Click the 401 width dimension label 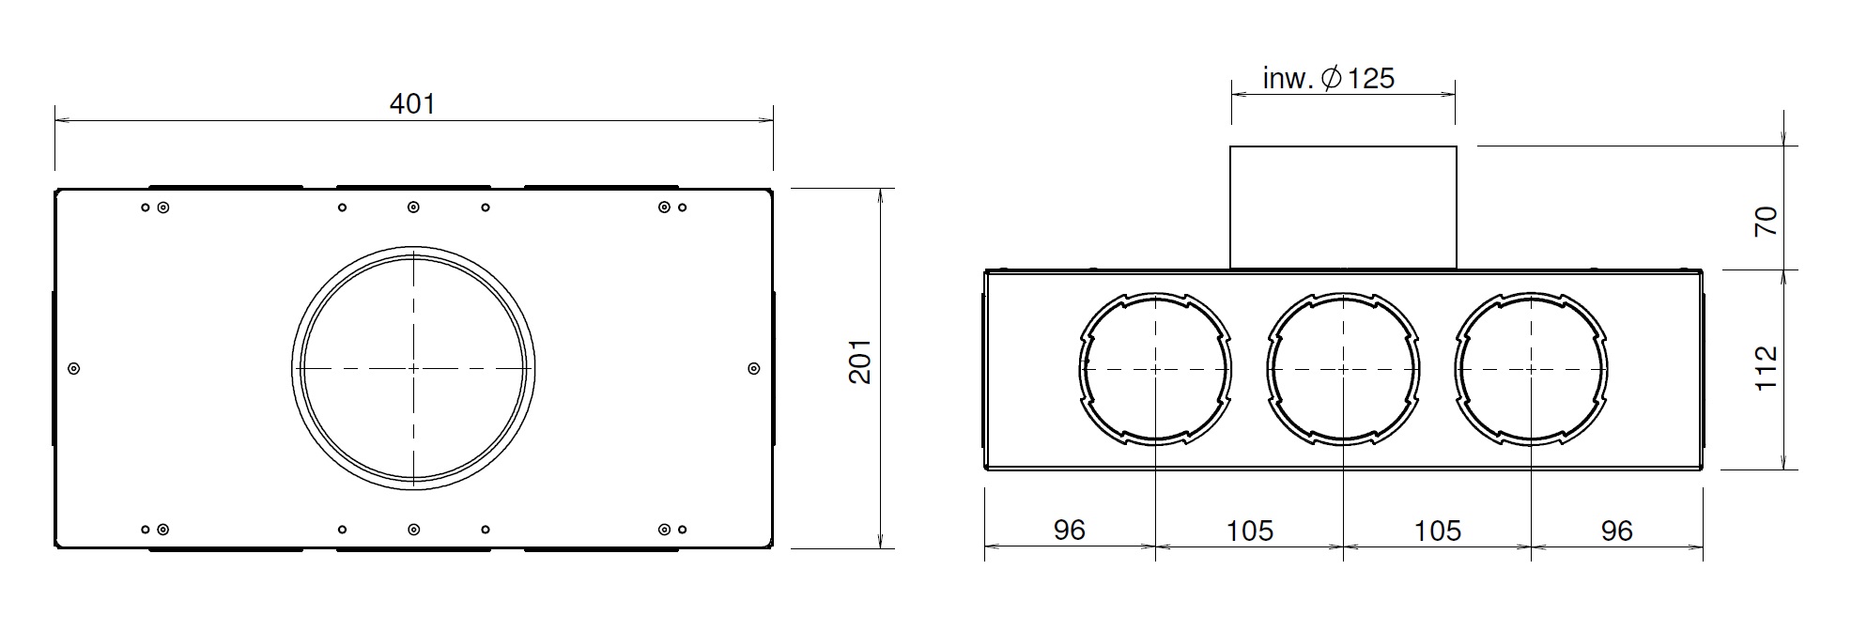[412, 103]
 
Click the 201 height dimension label [860, 362]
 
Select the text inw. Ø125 [1328, 79]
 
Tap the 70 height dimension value [1766, 222]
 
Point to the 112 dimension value [1766, 368]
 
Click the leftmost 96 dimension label [1069, 531]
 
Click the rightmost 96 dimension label [1616, 531]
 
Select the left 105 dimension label [1249, 531]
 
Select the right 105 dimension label [1438, 531]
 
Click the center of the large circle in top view [413, 368]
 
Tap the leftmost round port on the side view [1155, 369]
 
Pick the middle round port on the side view [1343, 369]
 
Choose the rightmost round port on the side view [1532, 369]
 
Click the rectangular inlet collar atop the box [1343, 208]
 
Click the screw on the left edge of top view [75, 369]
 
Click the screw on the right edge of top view [753, 369]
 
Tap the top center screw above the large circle [413, 207]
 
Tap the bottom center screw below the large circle [413, 530]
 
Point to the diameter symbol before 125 [1331, 79]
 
